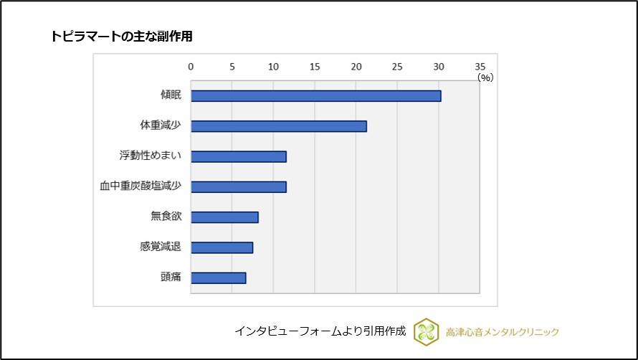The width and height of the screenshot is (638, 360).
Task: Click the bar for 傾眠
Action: click(315, 96)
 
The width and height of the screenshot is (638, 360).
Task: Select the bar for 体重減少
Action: click(278, 126)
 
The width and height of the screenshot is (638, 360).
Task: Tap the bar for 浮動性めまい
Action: click(238, 156)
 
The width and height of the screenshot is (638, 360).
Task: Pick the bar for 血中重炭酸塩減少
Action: click(238, 187)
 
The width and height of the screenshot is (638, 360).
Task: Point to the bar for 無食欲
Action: click(224, 217)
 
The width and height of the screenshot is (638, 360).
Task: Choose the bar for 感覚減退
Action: click(222, 247)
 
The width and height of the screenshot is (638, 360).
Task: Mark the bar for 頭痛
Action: click(218, 278)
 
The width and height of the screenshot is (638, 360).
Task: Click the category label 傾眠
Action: click(171, 96)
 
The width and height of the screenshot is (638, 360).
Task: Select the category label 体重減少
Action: click(161, 126)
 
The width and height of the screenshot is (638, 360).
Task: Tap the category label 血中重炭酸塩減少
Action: click(141, 187)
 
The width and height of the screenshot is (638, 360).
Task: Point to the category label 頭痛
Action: click(171, 278)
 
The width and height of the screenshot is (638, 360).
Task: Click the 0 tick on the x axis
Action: click(191, 67)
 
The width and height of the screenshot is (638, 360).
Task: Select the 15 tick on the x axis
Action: click(315, 67)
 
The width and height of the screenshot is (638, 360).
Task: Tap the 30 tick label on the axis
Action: click(439, 67)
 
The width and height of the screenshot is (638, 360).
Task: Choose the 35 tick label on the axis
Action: click(480, 67)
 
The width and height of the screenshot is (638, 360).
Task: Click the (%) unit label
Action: click(485, 77)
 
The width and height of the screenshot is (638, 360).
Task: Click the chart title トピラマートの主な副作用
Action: click(121, 36)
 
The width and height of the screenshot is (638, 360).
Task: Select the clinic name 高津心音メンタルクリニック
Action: click(502, 332)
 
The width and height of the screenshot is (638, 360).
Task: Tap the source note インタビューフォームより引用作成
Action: click(320, 331)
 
